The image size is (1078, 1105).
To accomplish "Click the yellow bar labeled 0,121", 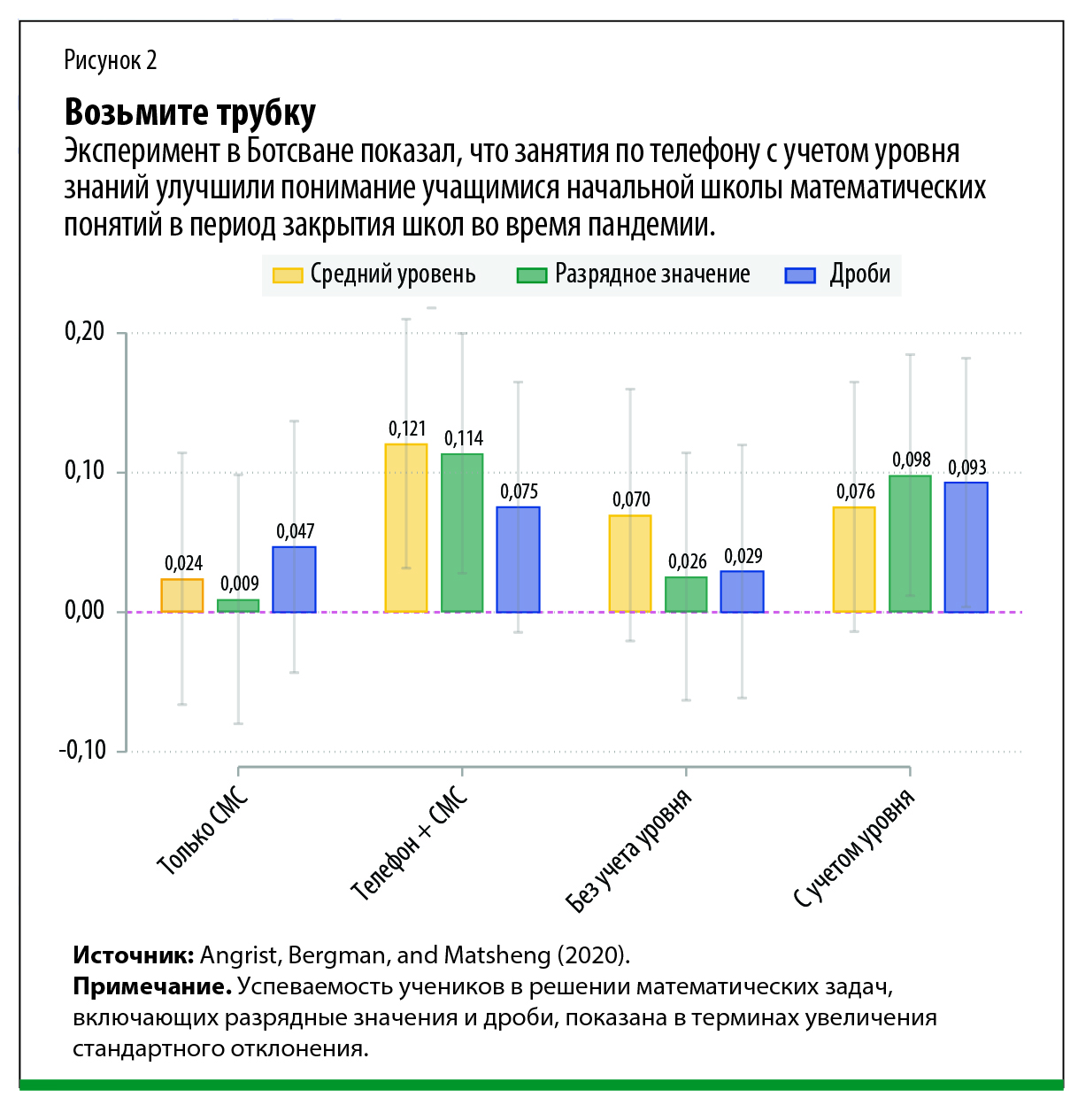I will (x=405, y=528).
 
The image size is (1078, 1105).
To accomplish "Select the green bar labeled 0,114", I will (x=462, y=533).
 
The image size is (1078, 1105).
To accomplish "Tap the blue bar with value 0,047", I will (x=294, y=579).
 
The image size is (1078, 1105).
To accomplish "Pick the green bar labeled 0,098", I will (x=910, y=544).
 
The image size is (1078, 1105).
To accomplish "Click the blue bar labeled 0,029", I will (x=742, y=591).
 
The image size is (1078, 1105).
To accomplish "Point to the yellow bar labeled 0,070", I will (x=630, y=563).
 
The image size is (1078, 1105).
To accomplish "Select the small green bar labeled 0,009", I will (x=238, y=606).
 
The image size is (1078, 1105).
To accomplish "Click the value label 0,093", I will (x=966, y=467).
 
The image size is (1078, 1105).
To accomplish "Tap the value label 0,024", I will (x=183, y=563).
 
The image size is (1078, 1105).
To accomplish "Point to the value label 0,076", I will (x=855, y=491).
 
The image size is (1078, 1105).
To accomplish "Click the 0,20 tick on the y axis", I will (x=84, y=332).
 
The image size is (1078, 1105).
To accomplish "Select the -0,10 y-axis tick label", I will (x=82, y=750).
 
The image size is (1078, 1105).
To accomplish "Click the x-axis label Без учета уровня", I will (x=628, y=851).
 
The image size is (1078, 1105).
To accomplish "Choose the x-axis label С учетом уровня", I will (x=853, y=849).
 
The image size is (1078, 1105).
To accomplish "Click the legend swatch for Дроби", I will (x=800, y=275).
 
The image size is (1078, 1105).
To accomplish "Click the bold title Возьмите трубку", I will (x=190, y=112).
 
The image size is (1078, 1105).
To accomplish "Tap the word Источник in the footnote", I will (x=133, y=955).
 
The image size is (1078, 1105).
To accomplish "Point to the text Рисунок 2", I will (x=111, y=60).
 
